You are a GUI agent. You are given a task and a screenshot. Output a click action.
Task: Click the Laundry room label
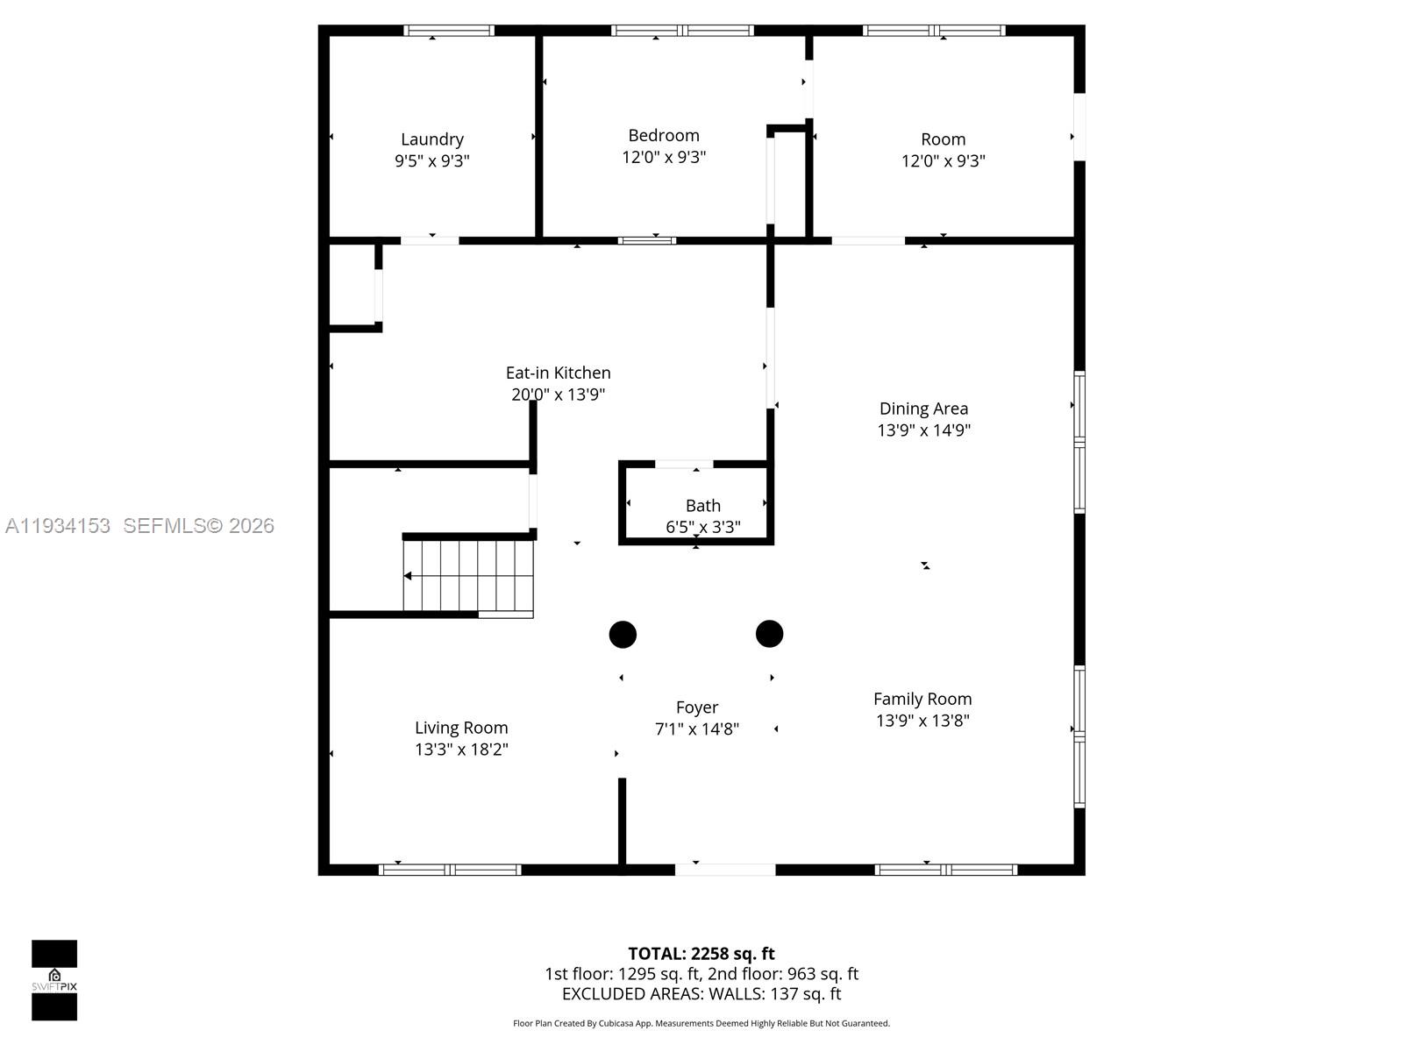click(431, 139)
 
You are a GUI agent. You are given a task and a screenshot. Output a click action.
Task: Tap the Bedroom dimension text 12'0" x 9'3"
click(664, 158)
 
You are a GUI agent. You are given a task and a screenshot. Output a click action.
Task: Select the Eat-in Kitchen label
click(558, 373)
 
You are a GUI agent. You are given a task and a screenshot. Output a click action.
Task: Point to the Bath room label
click(702, 506)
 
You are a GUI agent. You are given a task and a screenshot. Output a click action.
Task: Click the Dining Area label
click(923, 409)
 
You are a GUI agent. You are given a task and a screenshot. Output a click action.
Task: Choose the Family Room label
click(922, 699)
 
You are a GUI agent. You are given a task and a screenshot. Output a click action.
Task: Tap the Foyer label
click(696, 707)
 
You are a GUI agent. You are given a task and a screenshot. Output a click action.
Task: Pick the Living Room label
click(461, 728)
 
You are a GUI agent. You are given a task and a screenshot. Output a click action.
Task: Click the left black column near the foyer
click(623, 634)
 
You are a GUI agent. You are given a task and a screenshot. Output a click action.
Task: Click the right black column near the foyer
click(769, 633)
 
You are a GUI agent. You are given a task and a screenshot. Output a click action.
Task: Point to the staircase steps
click(468, 575)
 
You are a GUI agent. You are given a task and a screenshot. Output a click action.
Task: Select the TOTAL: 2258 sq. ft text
click(701, 954)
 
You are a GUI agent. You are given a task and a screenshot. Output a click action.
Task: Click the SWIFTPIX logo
click(54, 980)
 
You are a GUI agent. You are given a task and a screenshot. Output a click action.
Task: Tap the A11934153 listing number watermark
click(58, 526)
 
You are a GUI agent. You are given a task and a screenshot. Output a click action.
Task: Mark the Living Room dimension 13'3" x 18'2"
click(461, 750)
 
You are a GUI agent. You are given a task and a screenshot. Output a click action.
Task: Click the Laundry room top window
click(448, 31)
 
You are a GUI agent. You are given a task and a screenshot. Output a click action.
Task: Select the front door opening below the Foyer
click(724, 870)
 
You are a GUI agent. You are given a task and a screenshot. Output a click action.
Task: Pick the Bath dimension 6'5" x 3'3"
click(702, 527)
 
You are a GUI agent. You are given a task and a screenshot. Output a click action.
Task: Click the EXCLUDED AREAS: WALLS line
click(701, 994)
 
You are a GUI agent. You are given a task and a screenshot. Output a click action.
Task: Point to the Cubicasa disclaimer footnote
click(701, 1023)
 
